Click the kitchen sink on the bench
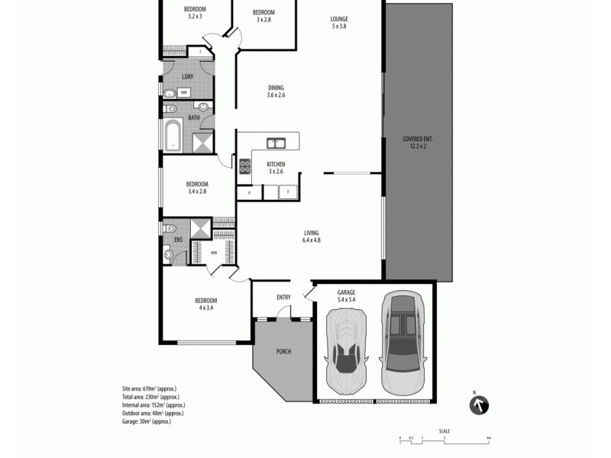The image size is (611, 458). [276, 143]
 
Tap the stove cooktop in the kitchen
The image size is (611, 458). [245, 166]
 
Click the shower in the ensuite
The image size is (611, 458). [200, 228]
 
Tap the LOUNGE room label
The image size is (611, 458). [339, 22]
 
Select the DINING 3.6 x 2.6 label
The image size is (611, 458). [276, 91]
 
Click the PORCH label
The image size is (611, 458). [283, 351]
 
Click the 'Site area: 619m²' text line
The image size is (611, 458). [150, 389]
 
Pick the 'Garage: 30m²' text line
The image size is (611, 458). [146, 421]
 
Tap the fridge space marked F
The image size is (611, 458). [288, 192]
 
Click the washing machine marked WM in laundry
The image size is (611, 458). [184, 92]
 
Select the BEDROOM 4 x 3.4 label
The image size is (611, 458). [206, 304]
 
